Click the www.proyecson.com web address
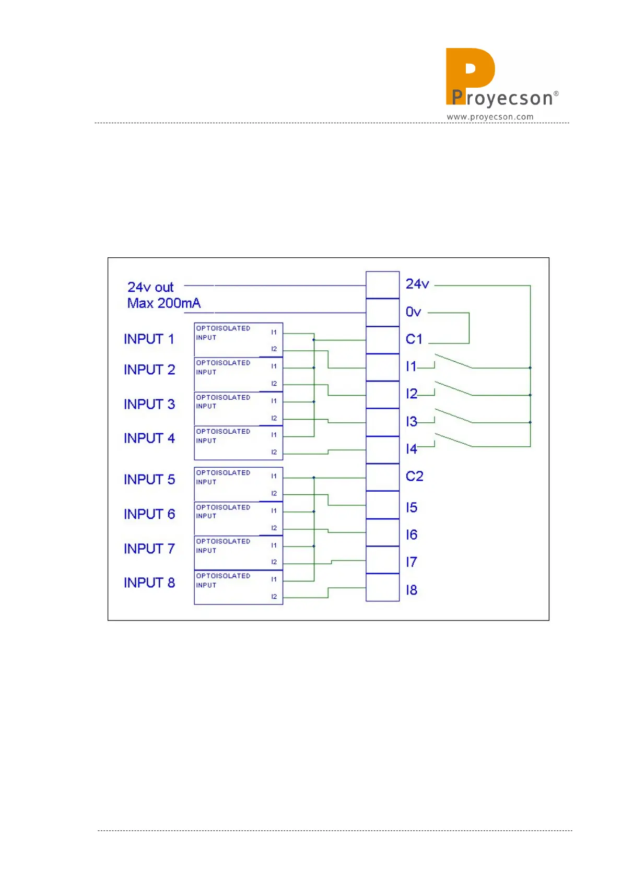point(490,117)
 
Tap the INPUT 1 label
point(149,339)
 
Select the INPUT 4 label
point(149,438)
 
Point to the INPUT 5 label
point(149,480)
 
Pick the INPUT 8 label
point(149,583)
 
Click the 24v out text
point(150,288)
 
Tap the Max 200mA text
point(163,303)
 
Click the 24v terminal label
point(417,284)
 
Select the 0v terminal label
point(413,312)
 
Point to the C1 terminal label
point(414,339)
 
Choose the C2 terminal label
point(415,477)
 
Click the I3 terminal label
point(412,422)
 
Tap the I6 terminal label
point(412,535)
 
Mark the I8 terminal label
point(412,590)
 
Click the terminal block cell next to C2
point(382,477)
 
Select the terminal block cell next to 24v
point(382,285)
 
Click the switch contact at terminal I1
point(453,361)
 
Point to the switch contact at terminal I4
point(453,440)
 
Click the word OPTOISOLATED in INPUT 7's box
point(223,541)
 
